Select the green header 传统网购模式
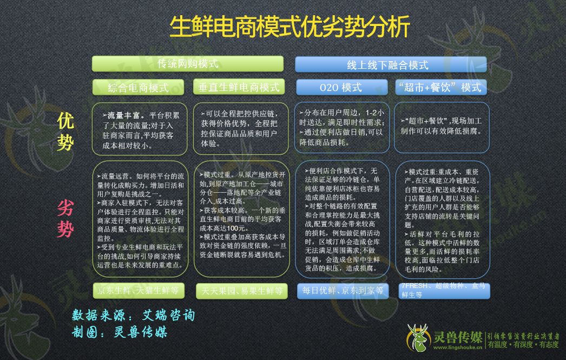click(x=188, y=64)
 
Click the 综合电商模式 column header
click(x=139, y=87)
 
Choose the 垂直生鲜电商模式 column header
click(x=239, y=87)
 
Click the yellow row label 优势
click(x=65, y=132)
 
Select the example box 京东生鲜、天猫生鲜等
click(x=139, y=291)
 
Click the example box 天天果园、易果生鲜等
click(x=239, y=291)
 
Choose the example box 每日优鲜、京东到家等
click(x=343, y=291)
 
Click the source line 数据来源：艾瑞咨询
click(x=133, y=315)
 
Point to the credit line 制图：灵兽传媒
click(x=120, y=332)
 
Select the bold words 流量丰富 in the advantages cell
click(x=124, y=115)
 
